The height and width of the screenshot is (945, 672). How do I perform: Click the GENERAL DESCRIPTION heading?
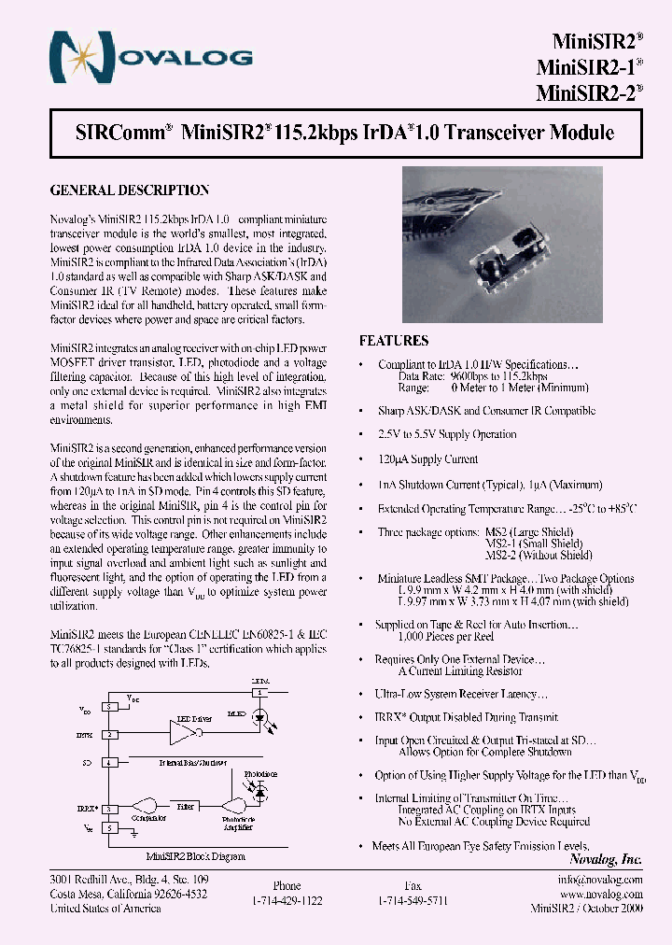129,190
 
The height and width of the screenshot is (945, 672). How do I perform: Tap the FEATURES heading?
394,341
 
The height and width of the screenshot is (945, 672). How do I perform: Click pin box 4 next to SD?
110,763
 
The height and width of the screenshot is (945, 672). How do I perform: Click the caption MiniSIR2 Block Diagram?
196,856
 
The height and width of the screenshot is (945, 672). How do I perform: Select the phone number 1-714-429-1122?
287,900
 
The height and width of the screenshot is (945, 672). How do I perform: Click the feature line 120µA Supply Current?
427,459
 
